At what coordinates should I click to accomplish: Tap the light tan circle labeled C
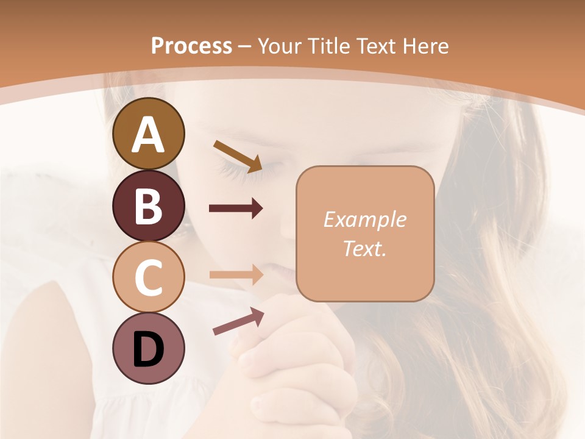pyautogui.click(x=148, y=277)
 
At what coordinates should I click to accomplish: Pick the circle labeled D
pyautogui.click(x=148, y=348)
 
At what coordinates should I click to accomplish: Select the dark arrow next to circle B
pyautogui.click(x=236, y=209)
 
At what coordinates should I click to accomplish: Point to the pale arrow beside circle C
pyautogui.click(x=236, y=274)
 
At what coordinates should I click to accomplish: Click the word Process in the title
pyautogui.click(x=191, y=46)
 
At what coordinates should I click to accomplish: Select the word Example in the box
pyautogui.click(x=364, y=220)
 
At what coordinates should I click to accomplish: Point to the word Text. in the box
pyautogui.click(x=364, y=248)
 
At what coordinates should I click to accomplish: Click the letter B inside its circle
pyautogui.click(x=148, y=206)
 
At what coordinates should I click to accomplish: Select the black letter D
pyautogui.click(x=148, y=349)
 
